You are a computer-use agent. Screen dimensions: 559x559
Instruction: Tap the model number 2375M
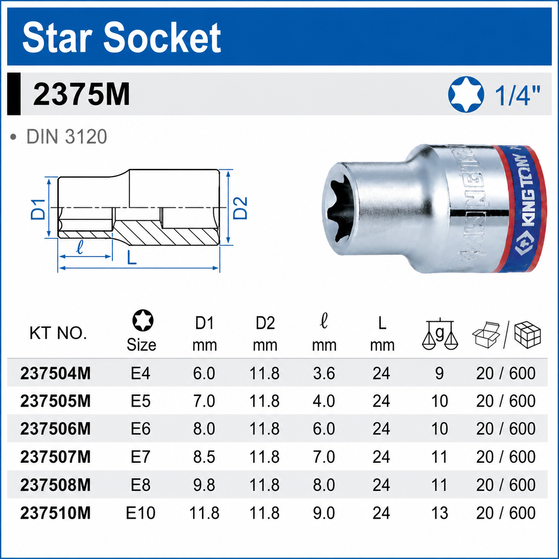point(81,95)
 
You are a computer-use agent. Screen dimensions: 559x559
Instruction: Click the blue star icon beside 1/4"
point(466,94)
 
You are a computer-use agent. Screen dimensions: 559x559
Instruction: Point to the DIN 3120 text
point(67,137)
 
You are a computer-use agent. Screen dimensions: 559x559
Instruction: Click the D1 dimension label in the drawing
point(38,209)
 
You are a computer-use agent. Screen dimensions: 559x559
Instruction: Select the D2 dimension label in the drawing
point(240,208)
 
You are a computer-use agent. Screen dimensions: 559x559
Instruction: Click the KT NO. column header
point(58,333)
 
